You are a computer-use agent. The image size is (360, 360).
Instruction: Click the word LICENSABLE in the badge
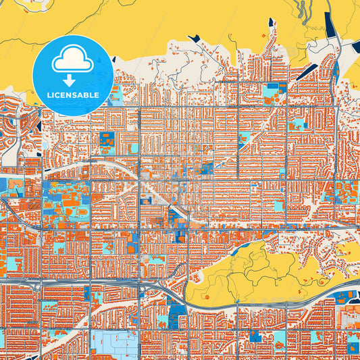(73, 95)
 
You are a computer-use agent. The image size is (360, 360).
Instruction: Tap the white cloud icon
(72, 60)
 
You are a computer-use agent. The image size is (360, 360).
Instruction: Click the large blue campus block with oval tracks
(68, 199)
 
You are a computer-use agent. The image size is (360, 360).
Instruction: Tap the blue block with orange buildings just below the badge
(107, 141)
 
